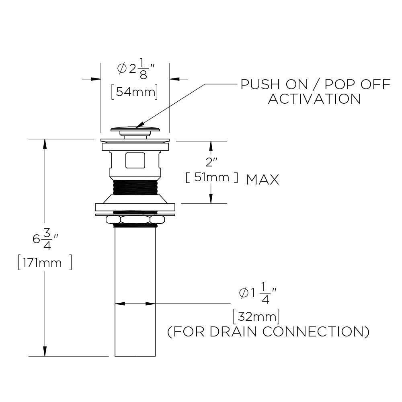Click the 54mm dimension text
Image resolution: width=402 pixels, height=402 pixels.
tap(134, 92)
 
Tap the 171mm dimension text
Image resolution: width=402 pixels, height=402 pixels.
tap(45, 263)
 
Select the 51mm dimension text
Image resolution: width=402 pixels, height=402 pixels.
tap(211, 177)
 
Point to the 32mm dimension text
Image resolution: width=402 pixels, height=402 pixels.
tap(256, 316)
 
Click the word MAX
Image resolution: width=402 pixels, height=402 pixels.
tap(263, 180)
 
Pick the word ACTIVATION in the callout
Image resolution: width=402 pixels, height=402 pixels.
tap(314, 98)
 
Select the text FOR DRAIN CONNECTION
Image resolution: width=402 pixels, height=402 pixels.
tap(268, 332)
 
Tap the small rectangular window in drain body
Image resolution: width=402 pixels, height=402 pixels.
tap(135, 160)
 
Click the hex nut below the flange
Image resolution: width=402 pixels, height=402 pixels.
tap(135, 219)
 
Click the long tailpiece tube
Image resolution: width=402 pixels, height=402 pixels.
tap(135, 289)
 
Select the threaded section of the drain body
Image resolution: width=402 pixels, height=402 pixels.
tap(135, 187)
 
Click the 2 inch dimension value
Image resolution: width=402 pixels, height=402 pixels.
tap(211, 162)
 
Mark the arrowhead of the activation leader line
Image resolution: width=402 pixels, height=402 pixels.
tap(139, 126)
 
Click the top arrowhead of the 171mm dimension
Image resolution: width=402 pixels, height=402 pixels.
tap(45, 143)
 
